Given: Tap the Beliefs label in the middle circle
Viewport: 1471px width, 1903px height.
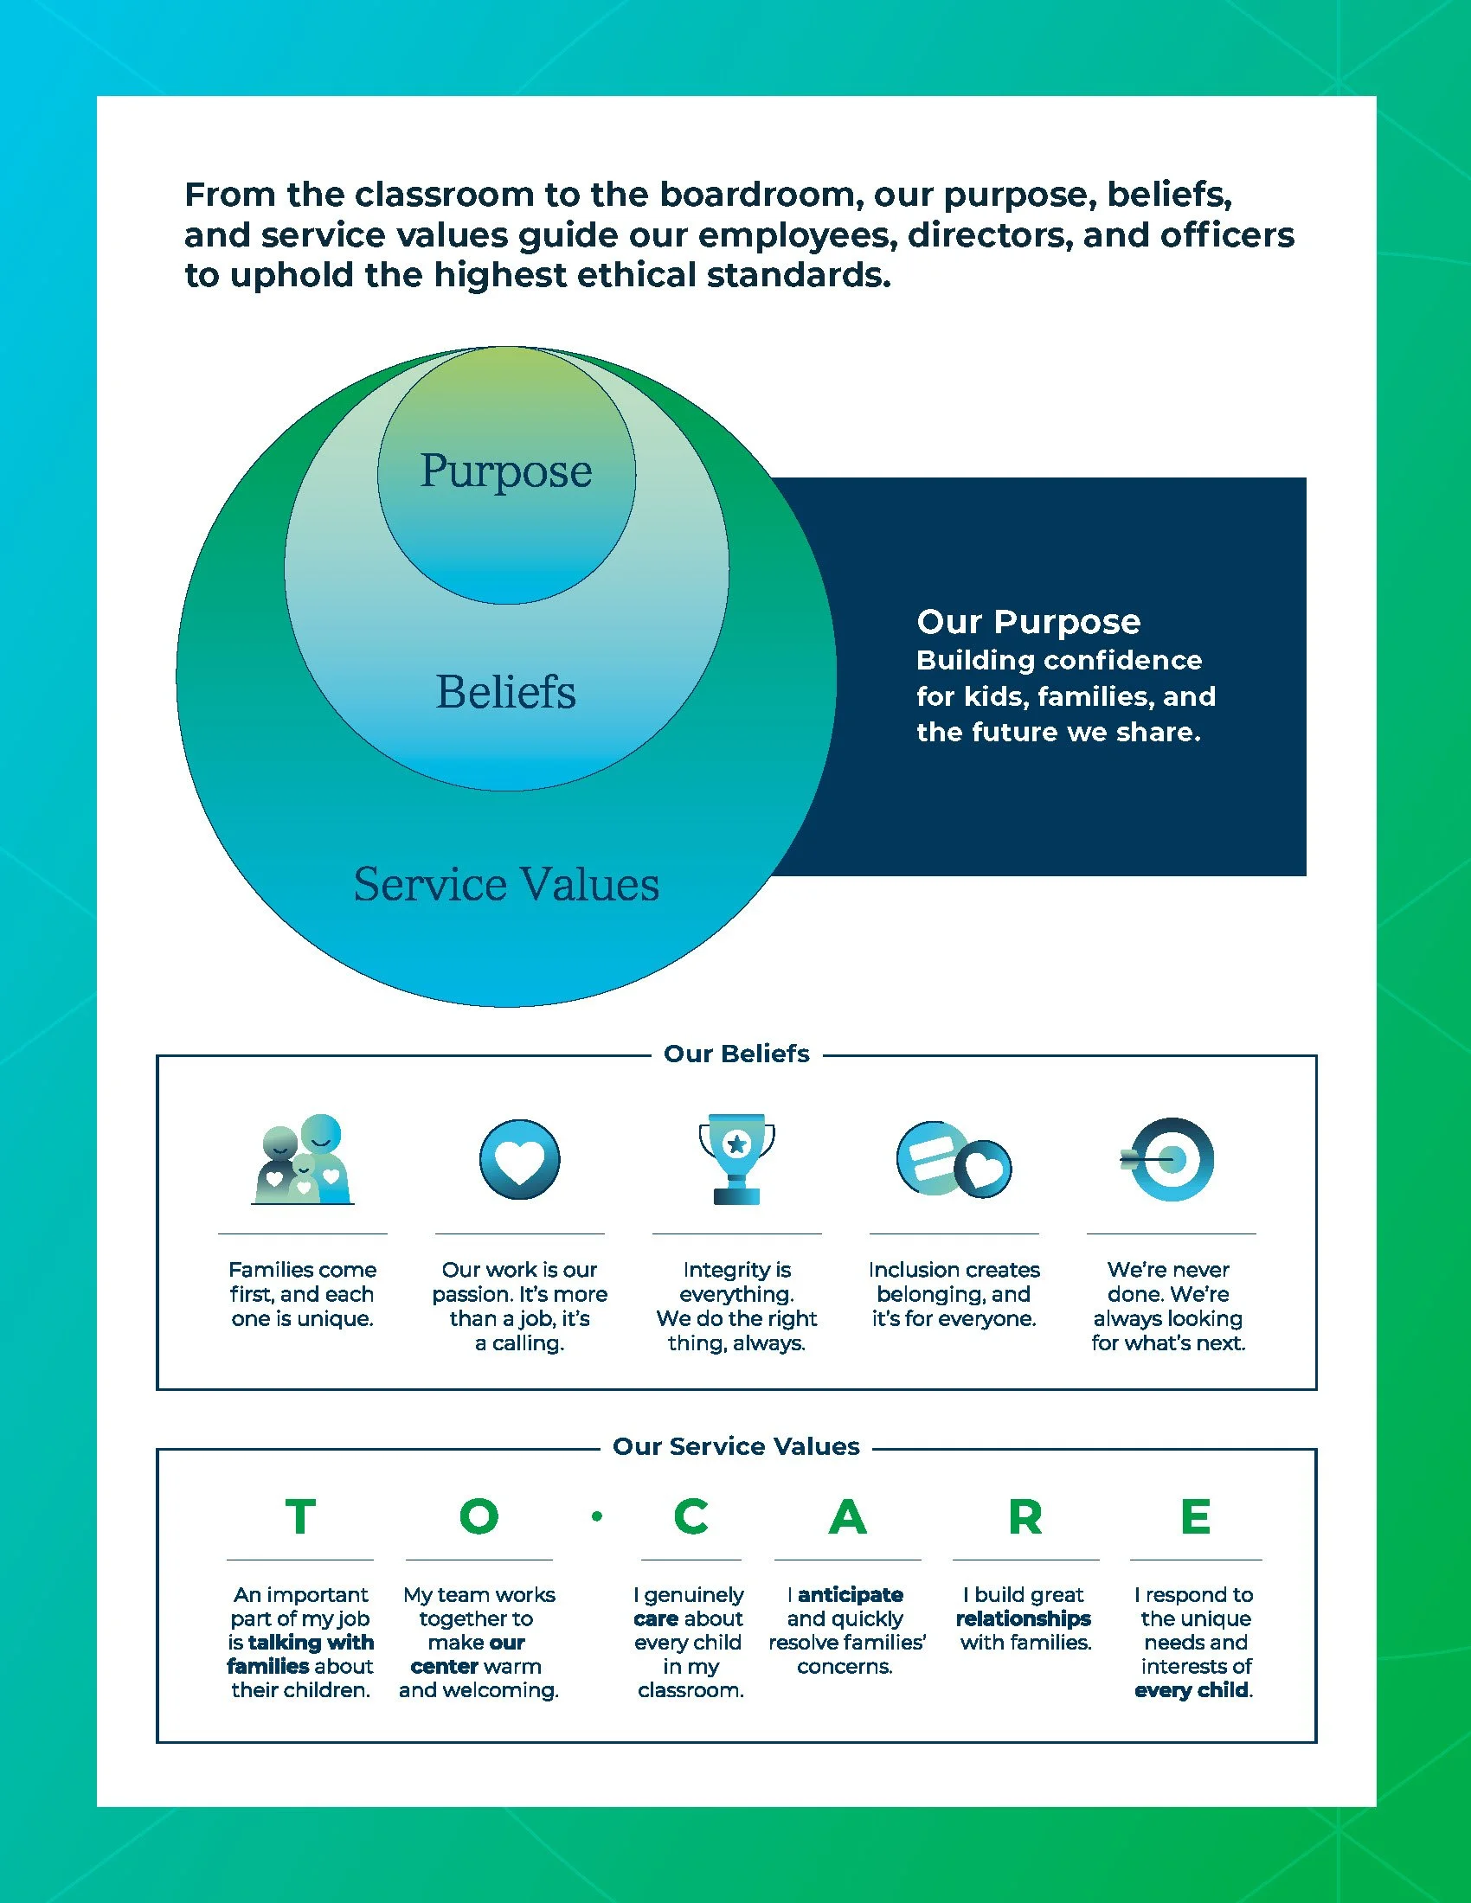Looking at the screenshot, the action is [505, 693].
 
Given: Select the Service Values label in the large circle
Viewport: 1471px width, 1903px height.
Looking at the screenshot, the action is [506, 884].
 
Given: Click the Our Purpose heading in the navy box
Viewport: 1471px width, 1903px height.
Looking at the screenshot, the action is [1028, 622].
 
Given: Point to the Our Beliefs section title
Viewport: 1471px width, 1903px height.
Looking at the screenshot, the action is [736, 1054].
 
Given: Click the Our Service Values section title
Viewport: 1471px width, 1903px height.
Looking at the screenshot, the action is [736, 1446].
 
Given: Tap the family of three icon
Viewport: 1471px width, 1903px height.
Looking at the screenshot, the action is [303, 1159].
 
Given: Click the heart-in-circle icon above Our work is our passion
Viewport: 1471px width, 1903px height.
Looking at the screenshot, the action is [519, 1160].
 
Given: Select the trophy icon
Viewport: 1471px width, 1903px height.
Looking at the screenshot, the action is [736, 1159].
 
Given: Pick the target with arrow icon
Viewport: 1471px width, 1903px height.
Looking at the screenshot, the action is [1168, 1159].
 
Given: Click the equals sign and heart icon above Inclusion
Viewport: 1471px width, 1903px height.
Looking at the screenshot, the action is [954, 1160].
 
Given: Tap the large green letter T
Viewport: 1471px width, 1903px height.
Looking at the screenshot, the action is [299, 1517].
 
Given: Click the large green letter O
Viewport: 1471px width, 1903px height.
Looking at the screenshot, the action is [479, 1517].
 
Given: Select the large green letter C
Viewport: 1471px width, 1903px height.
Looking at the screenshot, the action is [691, 1517].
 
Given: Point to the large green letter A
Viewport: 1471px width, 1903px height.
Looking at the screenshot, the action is [848, 1517].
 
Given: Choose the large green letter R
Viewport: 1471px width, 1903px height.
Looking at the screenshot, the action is [1025, 1517].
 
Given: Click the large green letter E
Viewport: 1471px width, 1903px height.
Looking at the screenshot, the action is [1196, 1517].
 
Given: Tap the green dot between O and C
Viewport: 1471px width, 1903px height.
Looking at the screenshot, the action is [597, 1517].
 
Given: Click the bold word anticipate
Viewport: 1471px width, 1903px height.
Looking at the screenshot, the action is [851, 1594].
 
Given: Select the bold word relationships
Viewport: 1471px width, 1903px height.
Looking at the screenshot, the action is [1023, 1618].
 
